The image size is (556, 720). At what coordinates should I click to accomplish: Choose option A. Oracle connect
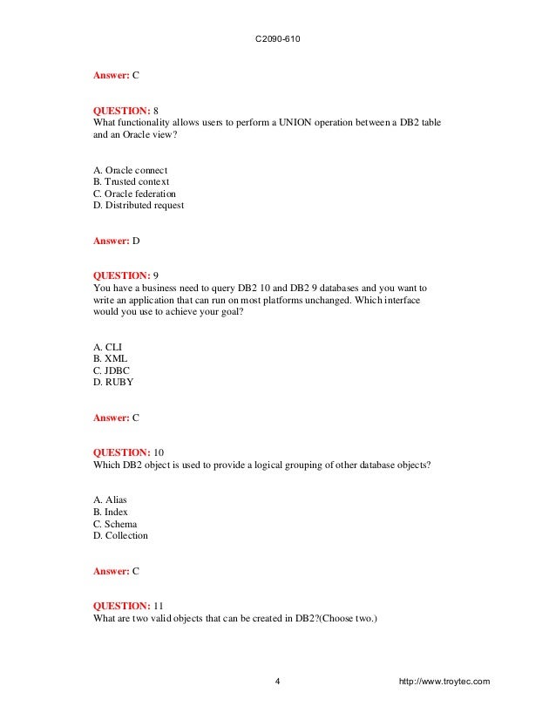(130, 169)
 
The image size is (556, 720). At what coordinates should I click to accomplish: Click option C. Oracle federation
(134, 194)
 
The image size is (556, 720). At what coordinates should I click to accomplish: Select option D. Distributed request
(138, 206)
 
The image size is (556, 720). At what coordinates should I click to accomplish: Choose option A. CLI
(108, 346)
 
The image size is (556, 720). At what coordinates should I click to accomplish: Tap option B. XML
(111, 358)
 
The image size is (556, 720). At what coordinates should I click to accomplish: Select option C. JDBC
(112, 370)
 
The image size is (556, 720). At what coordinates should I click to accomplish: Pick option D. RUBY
(113, 383)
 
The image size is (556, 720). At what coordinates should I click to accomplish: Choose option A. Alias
(116, 499)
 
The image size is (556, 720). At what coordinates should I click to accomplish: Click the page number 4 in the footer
(277, 681)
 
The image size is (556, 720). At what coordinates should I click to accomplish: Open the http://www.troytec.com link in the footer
(443, 681)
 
